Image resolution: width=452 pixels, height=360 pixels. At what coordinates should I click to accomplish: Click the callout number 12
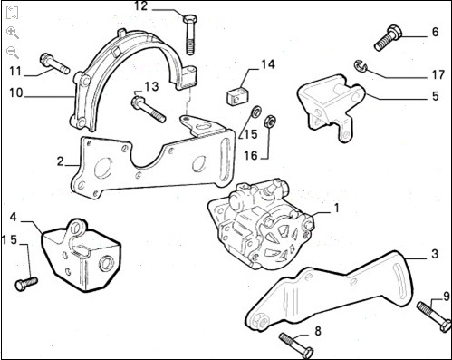click(141, 6)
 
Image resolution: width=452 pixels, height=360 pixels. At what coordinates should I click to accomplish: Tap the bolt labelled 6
click(388, 38)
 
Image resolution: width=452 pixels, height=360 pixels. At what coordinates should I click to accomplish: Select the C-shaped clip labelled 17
click(361, 66)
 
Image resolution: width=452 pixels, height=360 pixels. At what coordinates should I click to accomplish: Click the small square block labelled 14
click(237, 95)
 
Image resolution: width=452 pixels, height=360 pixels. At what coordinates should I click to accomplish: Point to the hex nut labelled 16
click(270, 122)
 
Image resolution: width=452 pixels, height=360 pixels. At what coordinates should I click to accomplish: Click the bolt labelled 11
click(54, 63)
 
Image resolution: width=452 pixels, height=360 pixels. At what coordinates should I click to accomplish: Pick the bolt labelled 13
click(149, 109)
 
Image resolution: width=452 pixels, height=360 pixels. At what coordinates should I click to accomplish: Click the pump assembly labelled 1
click(261, 225)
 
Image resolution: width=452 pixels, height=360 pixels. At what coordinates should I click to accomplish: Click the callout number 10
click(16, 92)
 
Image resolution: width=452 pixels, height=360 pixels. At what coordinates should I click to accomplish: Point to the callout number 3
click(434, 254)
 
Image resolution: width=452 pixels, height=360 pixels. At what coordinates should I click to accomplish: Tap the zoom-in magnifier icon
click(13, 33)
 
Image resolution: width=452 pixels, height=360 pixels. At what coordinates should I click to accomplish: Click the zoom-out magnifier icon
click(13, 53)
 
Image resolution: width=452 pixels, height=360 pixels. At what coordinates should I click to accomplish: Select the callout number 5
click(435, 96)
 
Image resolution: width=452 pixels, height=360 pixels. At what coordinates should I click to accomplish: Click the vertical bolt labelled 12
click(190, 34)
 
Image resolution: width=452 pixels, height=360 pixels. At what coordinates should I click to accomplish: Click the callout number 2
click(61, 161)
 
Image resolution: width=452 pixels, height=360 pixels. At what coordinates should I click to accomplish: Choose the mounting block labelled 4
click(81, 255)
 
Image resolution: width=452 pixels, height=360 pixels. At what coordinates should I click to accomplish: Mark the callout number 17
click(438, 74)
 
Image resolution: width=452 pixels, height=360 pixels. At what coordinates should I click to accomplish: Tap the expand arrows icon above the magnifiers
click(12, 13)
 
